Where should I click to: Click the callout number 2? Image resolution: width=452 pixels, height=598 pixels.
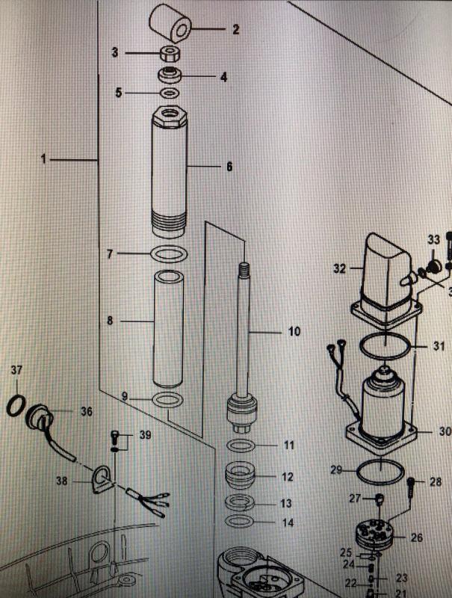click(x=235, y=30)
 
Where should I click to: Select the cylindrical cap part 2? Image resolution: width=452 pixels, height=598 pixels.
click(x=171, y=24)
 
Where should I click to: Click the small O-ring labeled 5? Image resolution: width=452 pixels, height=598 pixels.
click(x=170, y=93)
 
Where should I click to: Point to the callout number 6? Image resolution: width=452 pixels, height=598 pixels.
click(x=229, y=167)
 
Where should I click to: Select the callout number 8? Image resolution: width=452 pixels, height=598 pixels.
click(x=110, y=321)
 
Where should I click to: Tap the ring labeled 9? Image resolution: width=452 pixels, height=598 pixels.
click(x=168, y=400)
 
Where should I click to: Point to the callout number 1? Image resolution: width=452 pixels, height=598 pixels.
click(x=43, y=159)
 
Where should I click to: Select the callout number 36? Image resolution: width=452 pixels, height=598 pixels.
click(x=86, y=411)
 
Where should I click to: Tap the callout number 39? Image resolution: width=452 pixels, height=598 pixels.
click(x=145, y=436)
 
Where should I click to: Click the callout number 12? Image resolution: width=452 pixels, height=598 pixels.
click(x=288, y=476)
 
